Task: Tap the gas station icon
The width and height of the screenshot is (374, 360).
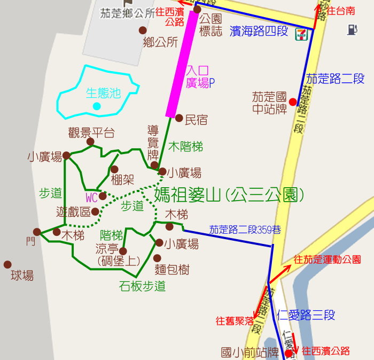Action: click(352, 29)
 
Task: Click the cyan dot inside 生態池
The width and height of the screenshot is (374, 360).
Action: click(97, 106)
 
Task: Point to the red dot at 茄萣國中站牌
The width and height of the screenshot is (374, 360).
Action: click(292, 102)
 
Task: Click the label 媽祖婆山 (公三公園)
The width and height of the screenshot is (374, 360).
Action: click(229, 194)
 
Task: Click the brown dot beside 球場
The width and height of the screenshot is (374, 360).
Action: click(7, 264)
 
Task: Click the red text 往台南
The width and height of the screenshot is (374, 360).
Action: click(340, 11)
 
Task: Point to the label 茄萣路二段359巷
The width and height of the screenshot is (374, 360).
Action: click(245, 229)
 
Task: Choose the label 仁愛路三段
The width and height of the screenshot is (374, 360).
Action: click(306, 315)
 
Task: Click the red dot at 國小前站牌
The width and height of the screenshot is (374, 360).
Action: click(289, 354)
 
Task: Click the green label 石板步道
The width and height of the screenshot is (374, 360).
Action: click(142, 286)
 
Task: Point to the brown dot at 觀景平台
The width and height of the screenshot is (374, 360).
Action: click(91, 142)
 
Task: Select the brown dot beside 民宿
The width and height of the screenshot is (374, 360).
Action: click(179, 118)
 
